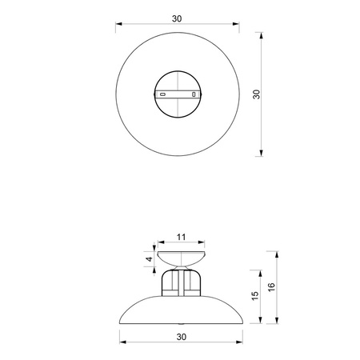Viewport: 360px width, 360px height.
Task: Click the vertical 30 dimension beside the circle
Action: point(256,94)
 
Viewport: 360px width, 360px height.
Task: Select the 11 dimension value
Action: point(180,237)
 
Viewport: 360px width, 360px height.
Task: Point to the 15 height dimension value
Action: point(254,296)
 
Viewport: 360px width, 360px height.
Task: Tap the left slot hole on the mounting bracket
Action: point(163,94)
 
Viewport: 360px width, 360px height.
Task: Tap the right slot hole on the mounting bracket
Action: point(193,94)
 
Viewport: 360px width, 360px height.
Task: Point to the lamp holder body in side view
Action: point(180,282)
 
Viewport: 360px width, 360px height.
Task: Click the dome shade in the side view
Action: point(180,312)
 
